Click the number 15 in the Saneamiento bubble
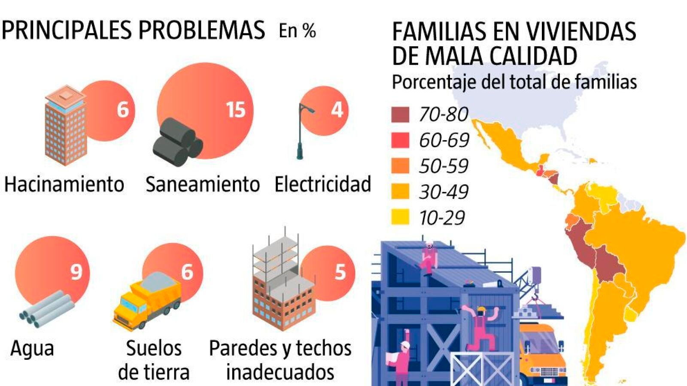click(236, 110)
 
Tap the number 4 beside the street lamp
click(337, 110)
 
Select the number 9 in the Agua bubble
click(76, 271)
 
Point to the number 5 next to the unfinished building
click(340, 272)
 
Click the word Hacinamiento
click(64, 184)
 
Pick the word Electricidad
click(322, 184)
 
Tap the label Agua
click(32, 348)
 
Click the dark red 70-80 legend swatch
click(400, 115)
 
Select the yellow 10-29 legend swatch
click(400, 217)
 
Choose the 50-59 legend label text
click(444, 166)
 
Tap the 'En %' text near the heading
click(297, 31)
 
